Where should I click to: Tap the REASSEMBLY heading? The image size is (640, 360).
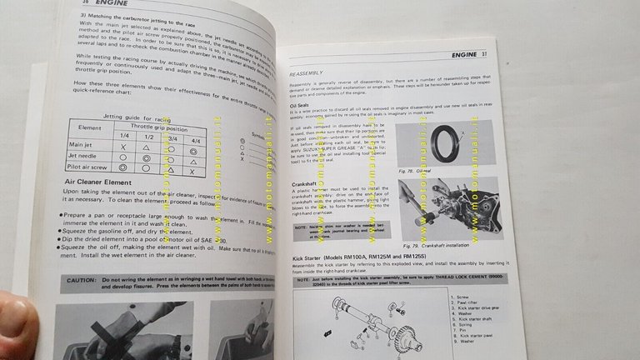coord(310,72)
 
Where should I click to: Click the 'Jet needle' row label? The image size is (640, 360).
coord(88,157)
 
